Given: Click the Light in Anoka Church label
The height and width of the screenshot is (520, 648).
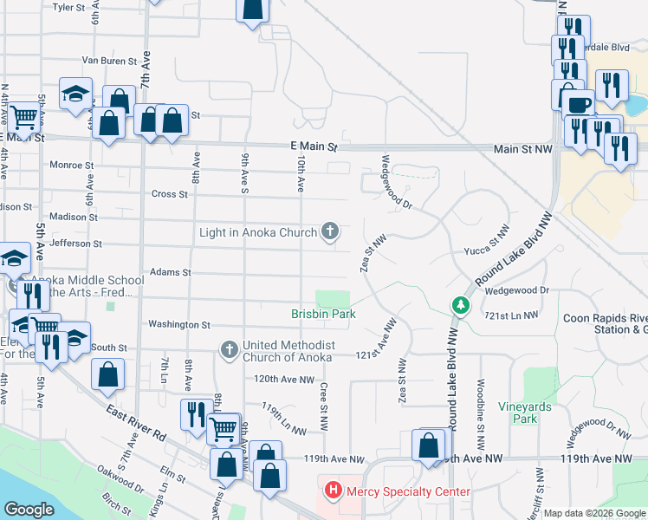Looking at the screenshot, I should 257,231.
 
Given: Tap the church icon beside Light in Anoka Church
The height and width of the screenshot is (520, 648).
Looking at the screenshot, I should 329,231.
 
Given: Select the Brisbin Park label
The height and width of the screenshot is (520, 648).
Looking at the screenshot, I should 322,314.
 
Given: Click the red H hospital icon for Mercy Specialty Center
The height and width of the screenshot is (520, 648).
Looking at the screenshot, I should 333,491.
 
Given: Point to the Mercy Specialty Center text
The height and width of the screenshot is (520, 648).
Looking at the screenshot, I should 408,491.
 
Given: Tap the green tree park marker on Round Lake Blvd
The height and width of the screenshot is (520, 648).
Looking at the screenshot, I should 460,306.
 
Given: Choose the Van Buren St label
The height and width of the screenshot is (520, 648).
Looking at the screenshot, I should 110,61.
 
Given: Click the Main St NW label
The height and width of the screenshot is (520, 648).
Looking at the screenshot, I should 522,149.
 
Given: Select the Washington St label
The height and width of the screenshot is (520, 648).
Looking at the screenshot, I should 179,325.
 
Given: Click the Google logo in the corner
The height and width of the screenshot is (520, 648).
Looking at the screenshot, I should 29,509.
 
